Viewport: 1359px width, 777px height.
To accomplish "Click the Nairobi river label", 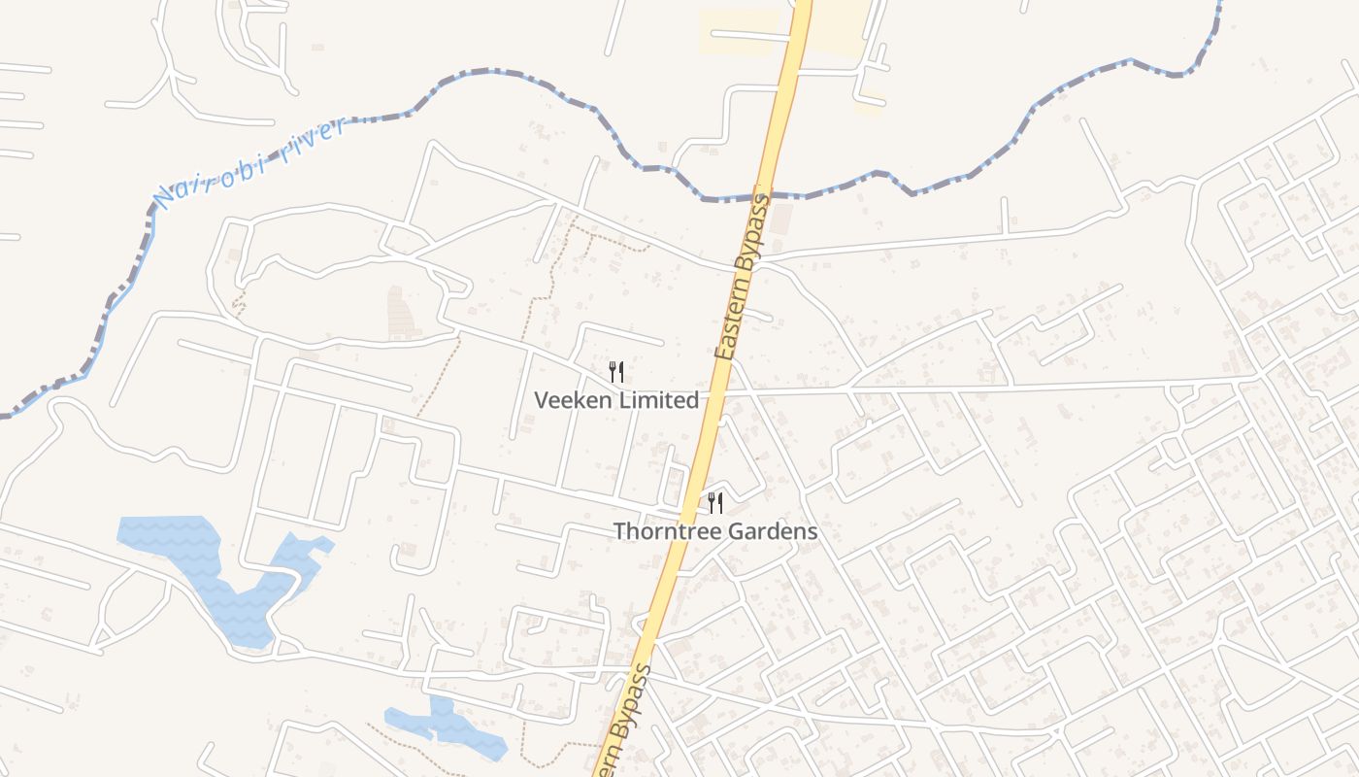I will coord(250,163).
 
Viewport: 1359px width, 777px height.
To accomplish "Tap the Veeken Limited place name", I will coord(616,400).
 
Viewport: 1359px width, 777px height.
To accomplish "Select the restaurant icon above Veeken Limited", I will coord(615,371).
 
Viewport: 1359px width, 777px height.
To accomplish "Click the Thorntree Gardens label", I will coord(715,532).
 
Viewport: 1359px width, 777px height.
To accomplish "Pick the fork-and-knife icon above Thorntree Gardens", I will coord(715,502).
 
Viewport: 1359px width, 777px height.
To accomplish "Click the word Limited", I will coord(661,400).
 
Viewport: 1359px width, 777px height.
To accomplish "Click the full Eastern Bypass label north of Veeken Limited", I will coord(742,278).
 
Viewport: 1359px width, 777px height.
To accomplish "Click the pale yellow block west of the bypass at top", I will coord(739,32).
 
